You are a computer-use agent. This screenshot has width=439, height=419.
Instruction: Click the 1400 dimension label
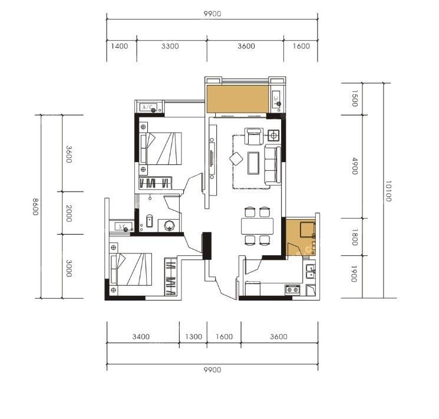pyautogui.click(x=120, y=46)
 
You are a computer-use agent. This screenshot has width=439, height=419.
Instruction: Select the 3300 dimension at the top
pyautogui.click(x=170, y=46)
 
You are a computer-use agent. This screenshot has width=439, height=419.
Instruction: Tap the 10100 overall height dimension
pyautogui.click(x=388, y=192)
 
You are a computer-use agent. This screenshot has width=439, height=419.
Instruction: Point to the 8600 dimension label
pyautogui.click(x=35, y=207)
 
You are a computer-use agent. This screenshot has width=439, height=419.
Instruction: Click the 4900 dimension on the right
pyautogui.click(x=355, y=166)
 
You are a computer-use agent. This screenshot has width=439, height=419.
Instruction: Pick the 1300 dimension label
pyautogui.click(x=193, y=336)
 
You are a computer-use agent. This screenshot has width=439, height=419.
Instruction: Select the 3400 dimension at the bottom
pyautogui.click(x=141, y=336)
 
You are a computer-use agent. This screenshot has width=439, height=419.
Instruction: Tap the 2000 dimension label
pyautogui.click(x=69, y=213)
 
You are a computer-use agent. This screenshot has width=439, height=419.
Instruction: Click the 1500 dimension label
pyautogui.click(x=354, y=98)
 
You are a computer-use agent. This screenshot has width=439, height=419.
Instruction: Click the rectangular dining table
pyautogui.click(x=257, y=226)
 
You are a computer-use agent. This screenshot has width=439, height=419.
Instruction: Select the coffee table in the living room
pyautogui.click(x=253, y=163)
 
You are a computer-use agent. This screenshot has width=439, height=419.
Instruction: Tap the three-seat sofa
pyautogui.click(x=272, y=164)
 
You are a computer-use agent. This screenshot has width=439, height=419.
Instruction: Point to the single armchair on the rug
pyautogui.click(x=254, y=136)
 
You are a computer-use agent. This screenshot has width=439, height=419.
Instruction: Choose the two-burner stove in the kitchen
pyautogui.click(x=293, y=289)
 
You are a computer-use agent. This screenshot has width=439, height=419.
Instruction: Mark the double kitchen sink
pyautogui.click(x=310, y=271)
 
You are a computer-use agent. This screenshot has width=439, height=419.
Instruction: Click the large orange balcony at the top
pyautogui.click(x=237, y=99)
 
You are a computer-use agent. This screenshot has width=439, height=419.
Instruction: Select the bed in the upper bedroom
pyautogui.click(x=161, y=149)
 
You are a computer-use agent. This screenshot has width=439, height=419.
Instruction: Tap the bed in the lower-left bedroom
pyautogui.click(x=131, y=269)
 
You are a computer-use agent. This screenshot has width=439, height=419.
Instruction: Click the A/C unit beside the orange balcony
pyautogui.click(x=276, y=98)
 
